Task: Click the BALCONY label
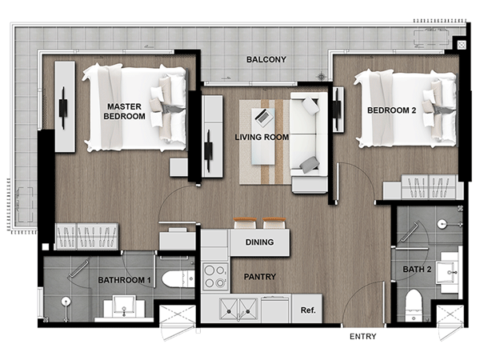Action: point(266,59)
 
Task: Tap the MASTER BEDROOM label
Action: point(124,111)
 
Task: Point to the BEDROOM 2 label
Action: point(391,110)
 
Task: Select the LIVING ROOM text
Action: point(262,137)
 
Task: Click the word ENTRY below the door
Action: point(362,337)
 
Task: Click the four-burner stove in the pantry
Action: point(215,277)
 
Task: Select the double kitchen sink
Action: point(238,310)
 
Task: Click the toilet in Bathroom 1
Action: point(178,278)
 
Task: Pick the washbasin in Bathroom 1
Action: point(124,306)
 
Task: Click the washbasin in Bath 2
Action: point(447,272)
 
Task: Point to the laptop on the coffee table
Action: point(263,117)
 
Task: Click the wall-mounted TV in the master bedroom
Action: point(63,108)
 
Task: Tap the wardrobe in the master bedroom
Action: point(86,236)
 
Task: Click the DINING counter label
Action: point(259,242)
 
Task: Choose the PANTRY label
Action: point(260,277)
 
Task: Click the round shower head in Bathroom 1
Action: point(66,302)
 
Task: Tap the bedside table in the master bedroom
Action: point(179,167)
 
